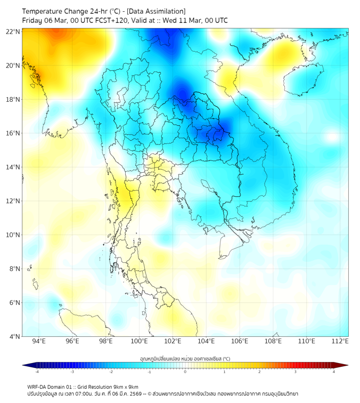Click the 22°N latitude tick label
coord(13,31)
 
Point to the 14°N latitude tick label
coord(13,167)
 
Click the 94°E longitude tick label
coord(39,342)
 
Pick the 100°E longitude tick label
coord(140,342)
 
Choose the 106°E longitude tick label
coord(240,342)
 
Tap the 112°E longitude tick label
coord(341,342)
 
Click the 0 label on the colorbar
coord(185,372)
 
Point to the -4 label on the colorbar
coord(37,372)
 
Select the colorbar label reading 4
coord(333,372)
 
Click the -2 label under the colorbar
coord(111,372)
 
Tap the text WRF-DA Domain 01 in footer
coord(52,387)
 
